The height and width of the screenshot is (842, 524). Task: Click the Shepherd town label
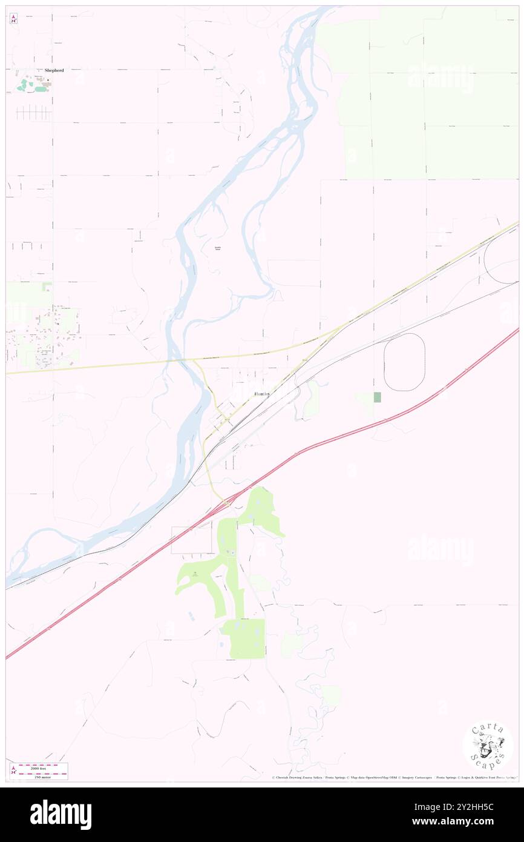click(54, 70)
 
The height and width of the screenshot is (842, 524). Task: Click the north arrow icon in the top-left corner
click(13, 19)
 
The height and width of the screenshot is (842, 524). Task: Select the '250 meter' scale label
click(42, 777)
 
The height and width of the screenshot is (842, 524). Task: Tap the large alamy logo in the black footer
click(61, 814)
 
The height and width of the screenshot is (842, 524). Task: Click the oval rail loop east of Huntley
click(404, 362)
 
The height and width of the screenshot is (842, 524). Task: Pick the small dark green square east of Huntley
click(378, 397)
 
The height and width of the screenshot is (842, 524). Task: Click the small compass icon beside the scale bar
click(13, 771)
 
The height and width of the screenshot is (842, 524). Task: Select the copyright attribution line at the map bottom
click(393, 777)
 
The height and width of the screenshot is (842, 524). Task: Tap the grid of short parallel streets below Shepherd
click(33, 113)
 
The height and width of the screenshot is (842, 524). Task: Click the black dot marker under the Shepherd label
click(48, 79)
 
